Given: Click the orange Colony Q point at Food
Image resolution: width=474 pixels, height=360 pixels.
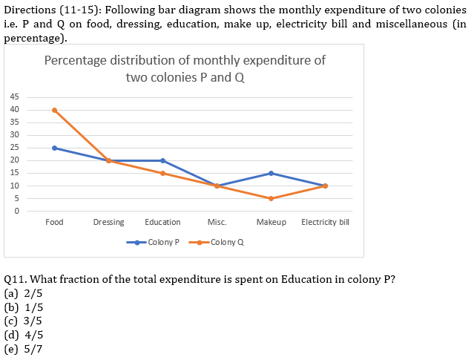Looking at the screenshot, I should pyautogui.click(x=54, y=110).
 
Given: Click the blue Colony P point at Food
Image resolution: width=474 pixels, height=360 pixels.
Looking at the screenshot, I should pyautogui.click(x=54, y=148).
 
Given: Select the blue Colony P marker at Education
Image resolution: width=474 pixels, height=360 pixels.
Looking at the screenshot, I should pyautogui.click(x=162, y=160).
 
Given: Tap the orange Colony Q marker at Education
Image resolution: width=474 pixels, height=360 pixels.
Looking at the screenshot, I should pyautogui.click(x=162, y=173).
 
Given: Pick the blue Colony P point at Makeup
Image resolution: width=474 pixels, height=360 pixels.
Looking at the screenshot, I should pyautogui.click(x=271, y=173).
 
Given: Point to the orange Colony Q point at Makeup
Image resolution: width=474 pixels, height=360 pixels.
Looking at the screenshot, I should pyautogui.click(x=271, y=198).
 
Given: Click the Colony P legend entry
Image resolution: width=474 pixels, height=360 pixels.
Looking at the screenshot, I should pyautogui.click(x=154, y=242).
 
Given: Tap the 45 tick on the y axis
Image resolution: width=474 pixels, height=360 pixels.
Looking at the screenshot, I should pyautogui.click(x=15, y=97).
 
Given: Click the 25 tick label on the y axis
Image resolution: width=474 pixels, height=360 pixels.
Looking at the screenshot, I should pyautogui.click(x=15, y=148).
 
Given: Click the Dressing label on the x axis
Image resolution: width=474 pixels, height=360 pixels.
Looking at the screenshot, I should pyautogui.click(x=108, y=222).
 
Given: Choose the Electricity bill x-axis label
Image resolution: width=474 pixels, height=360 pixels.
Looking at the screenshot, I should pyautogui.click(x=325, y=222).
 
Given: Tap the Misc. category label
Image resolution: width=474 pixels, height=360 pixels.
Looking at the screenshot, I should pyautogui.click(x=217, y=222).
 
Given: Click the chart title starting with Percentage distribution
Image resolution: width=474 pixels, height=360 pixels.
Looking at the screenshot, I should pyautogui.click(x=185, y=68).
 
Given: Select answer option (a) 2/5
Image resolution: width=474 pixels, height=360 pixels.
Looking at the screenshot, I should pyautogui.click(x=24, y=292).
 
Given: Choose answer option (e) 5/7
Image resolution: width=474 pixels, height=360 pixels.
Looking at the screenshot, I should pyautogui.click(x=24, y=349).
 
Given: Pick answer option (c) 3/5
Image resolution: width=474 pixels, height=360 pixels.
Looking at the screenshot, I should pyautogui.click(x=24, y=321).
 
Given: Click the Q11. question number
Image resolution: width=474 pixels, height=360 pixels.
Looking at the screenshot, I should pyautogui.click(x=16, y=278).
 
